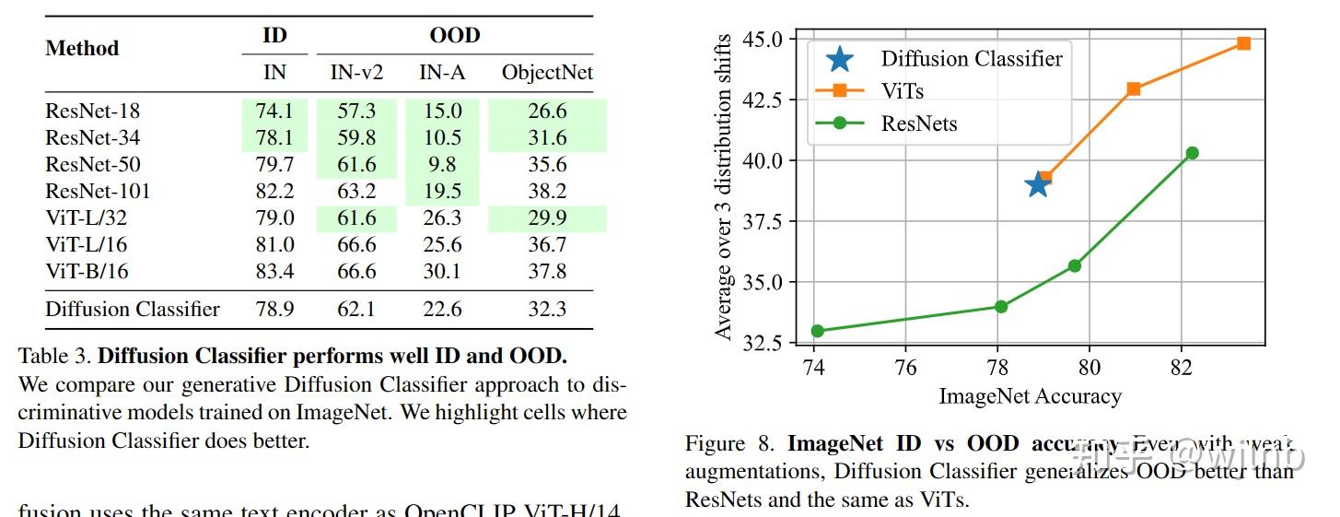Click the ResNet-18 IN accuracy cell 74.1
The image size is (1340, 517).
tap(274, 112)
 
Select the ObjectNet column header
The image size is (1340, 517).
tap(547, 73)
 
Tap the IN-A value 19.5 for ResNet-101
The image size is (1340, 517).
tap(442, 192)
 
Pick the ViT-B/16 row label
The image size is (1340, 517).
tap(87, 272)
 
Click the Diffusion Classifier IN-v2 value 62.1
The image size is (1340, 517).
tap(356, 310)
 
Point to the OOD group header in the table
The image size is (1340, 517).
tap(455, 36)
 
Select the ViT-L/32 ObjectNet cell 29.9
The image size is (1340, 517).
tap(547, 218)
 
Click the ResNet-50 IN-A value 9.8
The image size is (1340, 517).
tap(442, 165)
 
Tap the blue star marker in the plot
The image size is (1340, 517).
tap(1038, 184)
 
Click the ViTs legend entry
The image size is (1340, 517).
tap(902, 91)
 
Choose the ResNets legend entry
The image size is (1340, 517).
tap(918, 123)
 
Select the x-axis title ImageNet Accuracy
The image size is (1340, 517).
tap(1030, 397)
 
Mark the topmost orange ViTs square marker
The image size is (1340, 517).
tap(1243, 43)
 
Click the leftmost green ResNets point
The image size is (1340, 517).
tap(817, 331)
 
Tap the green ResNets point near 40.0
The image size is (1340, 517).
tap(1192, 153)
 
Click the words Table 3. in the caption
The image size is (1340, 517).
tap(54, 356)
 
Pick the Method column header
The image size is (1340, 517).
tap(82, 48)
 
